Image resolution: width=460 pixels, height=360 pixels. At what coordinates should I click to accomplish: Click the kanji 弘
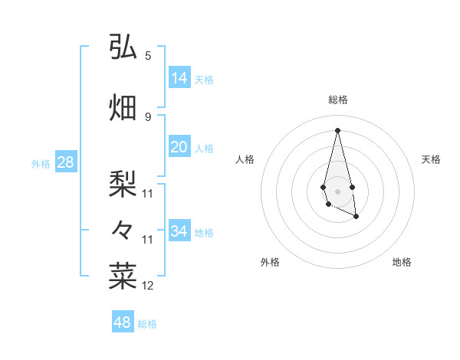[x=123, y=47]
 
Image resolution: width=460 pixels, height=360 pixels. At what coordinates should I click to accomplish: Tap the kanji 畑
[x=123, y=107]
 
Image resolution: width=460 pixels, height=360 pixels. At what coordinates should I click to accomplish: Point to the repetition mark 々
[x=123, y=229]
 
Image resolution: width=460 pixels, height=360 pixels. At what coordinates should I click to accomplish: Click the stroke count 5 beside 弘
[x=148, y=55]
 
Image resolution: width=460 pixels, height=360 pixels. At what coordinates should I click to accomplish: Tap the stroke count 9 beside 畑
[x=148, y=116]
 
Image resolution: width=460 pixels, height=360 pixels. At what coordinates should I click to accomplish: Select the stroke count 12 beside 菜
[x=148, y=286]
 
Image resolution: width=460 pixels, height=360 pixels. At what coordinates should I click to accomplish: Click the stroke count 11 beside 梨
[x=148, y=193]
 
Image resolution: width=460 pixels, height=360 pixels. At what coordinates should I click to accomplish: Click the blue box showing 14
[x=179, y=78]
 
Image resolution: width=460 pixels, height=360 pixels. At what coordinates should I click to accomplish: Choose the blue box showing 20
[x=179, y=147]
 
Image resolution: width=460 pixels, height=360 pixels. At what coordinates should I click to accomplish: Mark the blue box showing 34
[x=179, y=231]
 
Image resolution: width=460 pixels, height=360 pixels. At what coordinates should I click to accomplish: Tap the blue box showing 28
[x=65, y=162]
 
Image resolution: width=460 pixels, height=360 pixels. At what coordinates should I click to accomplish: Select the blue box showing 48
[x=122, y=322]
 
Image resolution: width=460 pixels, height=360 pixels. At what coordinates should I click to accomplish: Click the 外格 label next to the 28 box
[x=41, y=163]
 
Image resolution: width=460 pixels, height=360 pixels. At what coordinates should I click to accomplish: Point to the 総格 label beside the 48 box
[x=147, y=324]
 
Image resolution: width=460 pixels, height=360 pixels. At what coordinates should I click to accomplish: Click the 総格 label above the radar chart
[x=338, y=100]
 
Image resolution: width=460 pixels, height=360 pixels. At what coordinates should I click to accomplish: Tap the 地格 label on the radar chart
[x=402, y=262]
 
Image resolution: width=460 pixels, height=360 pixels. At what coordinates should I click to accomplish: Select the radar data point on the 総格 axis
[x=338, y=129]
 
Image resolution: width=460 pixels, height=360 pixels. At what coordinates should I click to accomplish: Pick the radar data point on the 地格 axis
[x=356, y=218]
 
